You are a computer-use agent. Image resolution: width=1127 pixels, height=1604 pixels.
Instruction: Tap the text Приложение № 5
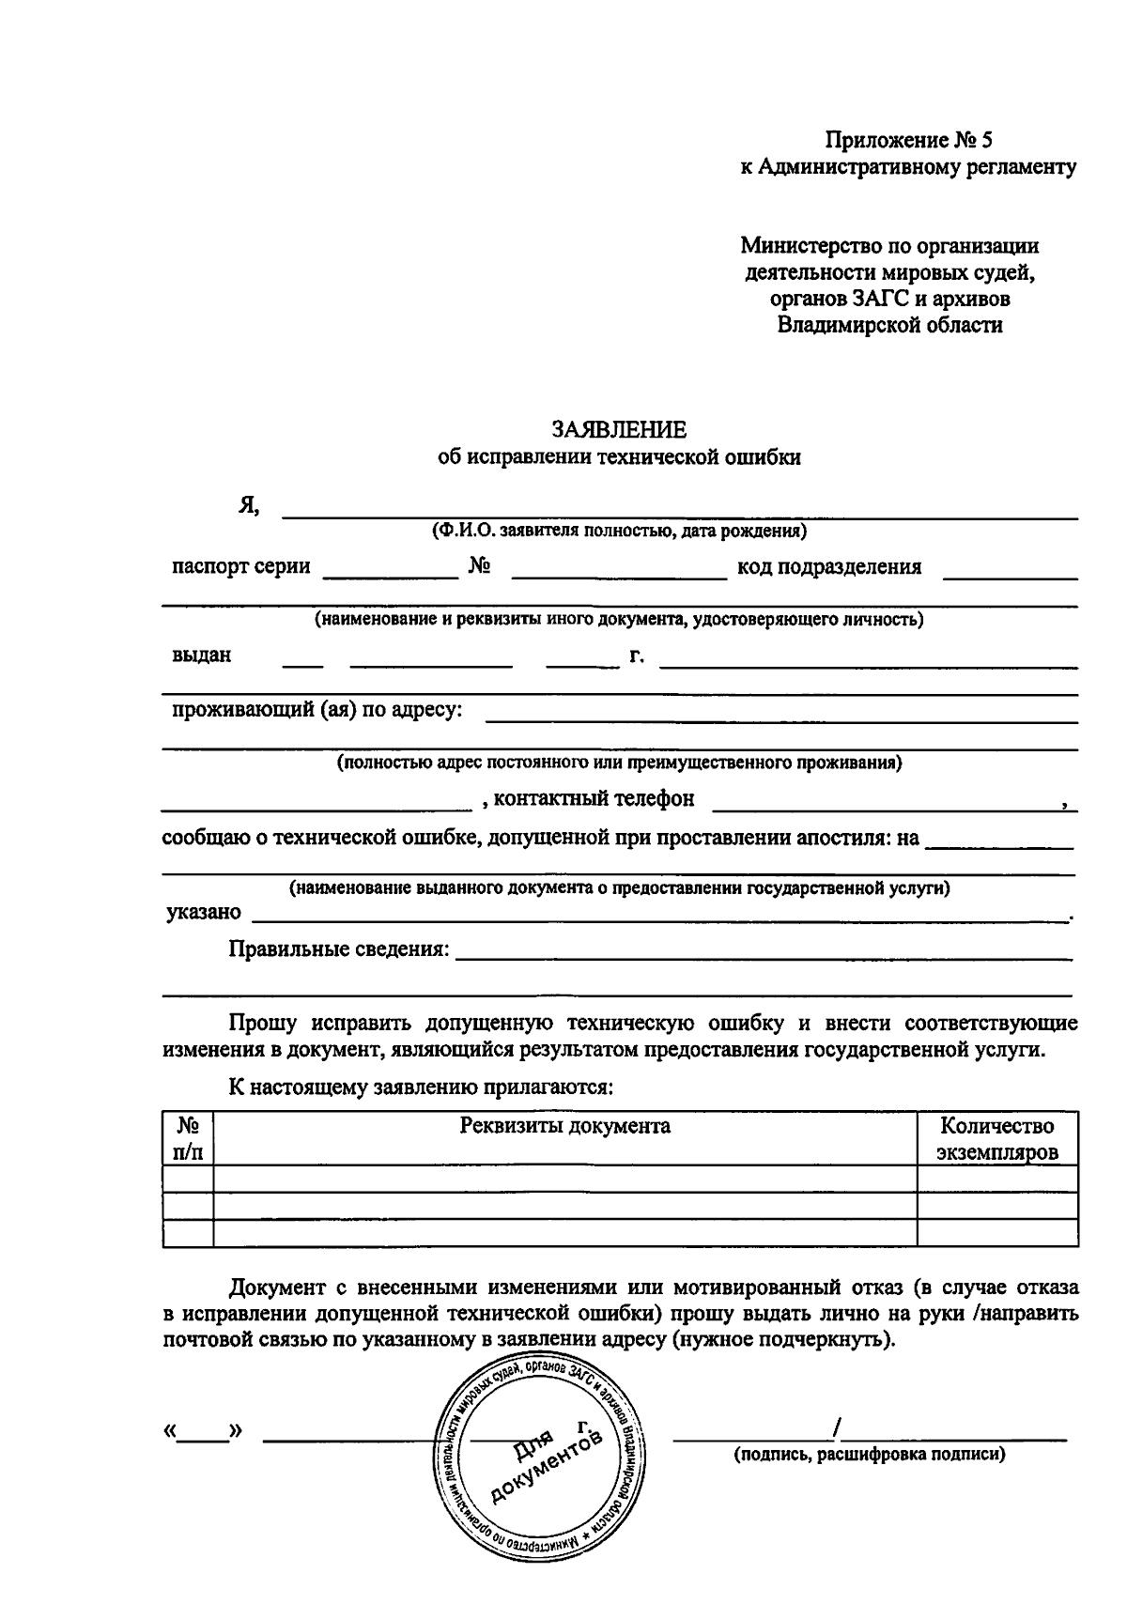(x=908, y=141)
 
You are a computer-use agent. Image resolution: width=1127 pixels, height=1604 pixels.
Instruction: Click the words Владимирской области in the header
(x=889, y=326)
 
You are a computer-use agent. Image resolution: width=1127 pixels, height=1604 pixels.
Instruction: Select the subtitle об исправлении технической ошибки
(x=619, y=457)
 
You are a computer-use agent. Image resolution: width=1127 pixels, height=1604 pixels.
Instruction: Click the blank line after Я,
(x=680, y=512)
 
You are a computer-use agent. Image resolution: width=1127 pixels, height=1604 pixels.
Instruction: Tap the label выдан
(x=201, y=655)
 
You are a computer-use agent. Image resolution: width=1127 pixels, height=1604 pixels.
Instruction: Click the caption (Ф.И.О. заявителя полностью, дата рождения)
(x=619, y=532)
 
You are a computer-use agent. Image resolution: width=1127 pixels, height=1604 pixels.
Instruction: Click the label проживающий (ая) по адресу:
(x=316, y=709)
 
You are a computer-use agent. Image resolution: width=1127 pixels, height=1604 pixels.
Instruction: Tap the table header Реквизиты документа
(x=564, y=1126)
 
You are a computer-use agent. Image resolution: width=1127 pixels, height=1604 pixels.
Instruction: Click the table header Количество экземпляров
(x=997, y=1138)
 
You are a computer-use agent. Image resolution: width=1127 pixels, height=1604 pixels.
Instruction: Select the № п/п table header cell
(x=188, y=1138)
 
